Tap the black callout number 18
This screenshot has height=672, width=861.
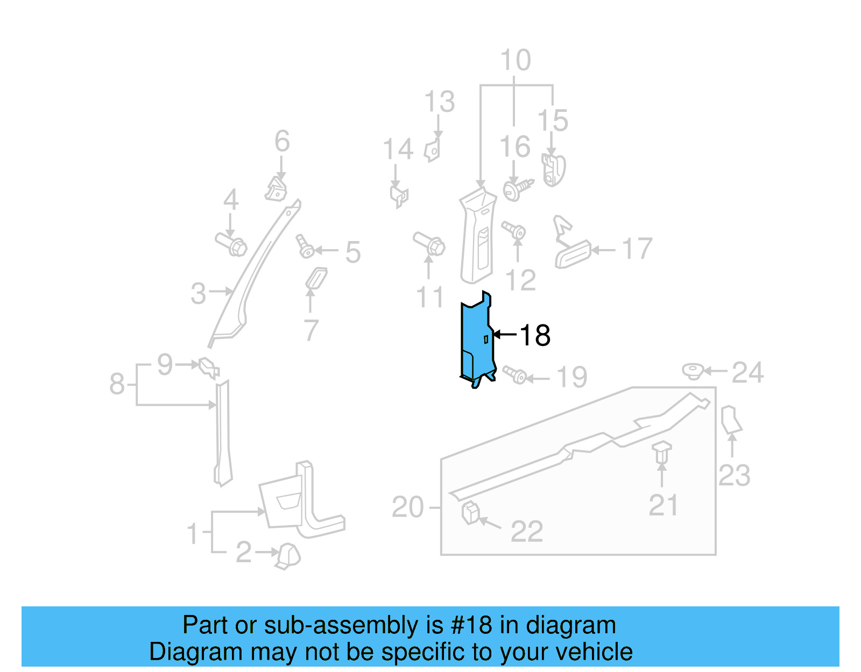535,335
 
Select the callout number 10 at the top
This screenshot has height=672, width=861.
515,60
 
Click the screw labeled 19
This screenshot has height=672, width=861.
514,374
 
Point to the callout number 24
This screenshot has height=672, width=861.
747,373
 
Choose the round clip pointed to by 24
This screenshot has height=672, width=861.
693,371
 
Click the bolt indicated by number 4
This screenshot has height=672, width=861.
231,244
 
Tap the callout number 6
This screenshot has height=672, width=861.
282,142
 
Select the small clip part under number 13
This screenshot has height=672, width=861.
432,150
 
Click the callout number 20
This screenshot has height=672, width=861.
407,507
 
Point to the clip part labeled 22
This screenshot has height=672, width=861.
470,512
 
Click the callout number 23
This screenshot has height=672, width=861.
734,476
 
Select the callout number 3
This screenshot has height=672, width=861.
199,294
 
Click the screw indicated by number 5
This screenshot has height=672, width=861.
305,247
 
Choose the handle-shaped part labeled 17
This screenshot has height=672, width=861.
572,254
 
